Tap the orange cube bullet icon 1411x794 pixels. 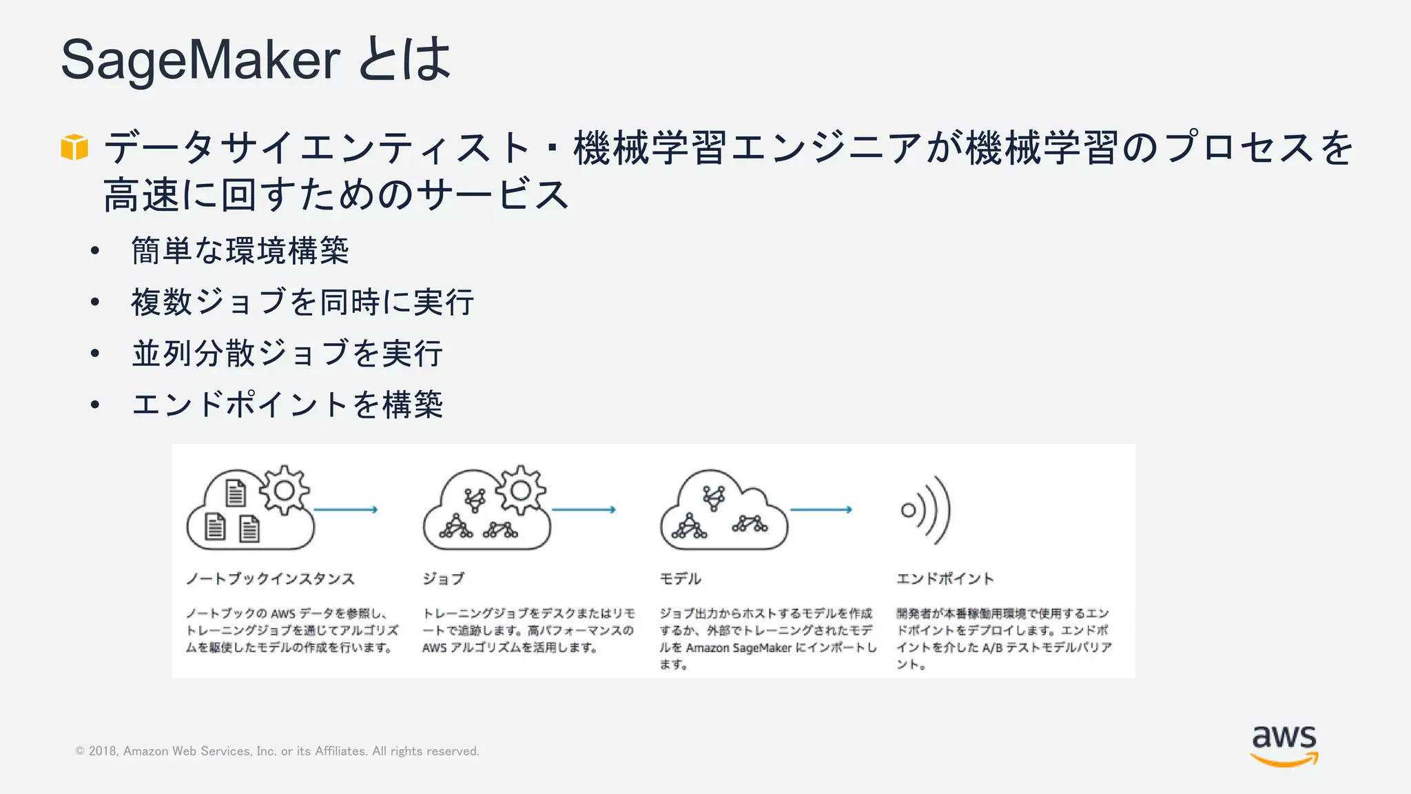point(74,147)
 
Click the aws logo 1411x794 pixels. point(1284,745)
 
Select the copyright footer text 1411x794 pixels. point(277,751)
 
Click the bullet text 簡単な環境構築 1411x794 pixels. point(240,250)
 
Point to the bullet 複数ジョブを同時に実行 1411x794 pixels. point(302,302)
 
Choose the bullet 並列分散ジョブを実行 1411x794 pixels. point(287,353)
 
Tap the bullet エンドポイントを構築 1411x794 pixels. point(287,404)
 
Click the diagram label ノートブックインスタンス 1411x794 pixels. point(270,579)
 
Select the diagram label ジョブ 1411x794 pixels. point(444,579)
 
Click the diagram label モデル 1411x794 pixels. point(680,579)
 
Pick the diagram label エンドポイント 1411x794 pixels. point(945,579)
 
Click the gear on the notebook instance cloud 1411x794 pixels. point(284,490)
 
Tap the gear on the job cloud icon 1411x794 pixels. point(521,490)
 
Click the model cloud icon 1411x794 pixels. point(723,511)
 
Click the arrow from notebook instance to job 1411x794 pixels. point(346,510)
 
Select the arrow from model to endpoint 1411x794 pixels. point(821,510)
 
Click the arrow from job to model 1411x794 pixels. point(584,510)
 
